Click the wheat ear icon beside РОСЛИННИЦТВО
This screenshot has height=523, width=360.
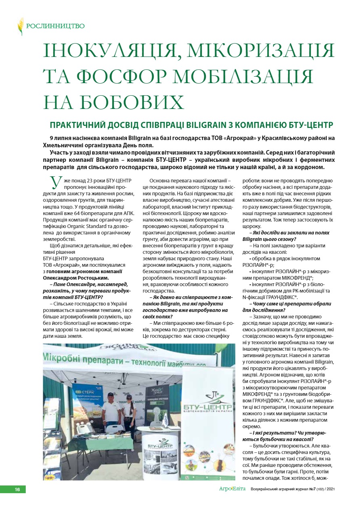click(20, 26)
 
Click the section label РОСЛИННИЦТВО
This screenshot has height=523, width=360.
click(55, 26)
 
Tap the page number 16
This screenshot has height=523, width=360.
click(17, 489)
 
